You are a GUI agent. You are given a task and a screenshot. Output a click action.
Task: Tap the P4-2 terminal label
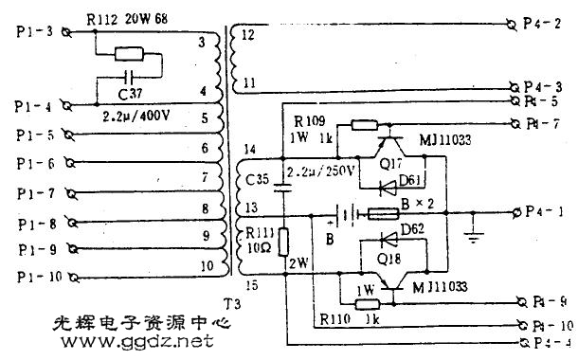547,23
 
